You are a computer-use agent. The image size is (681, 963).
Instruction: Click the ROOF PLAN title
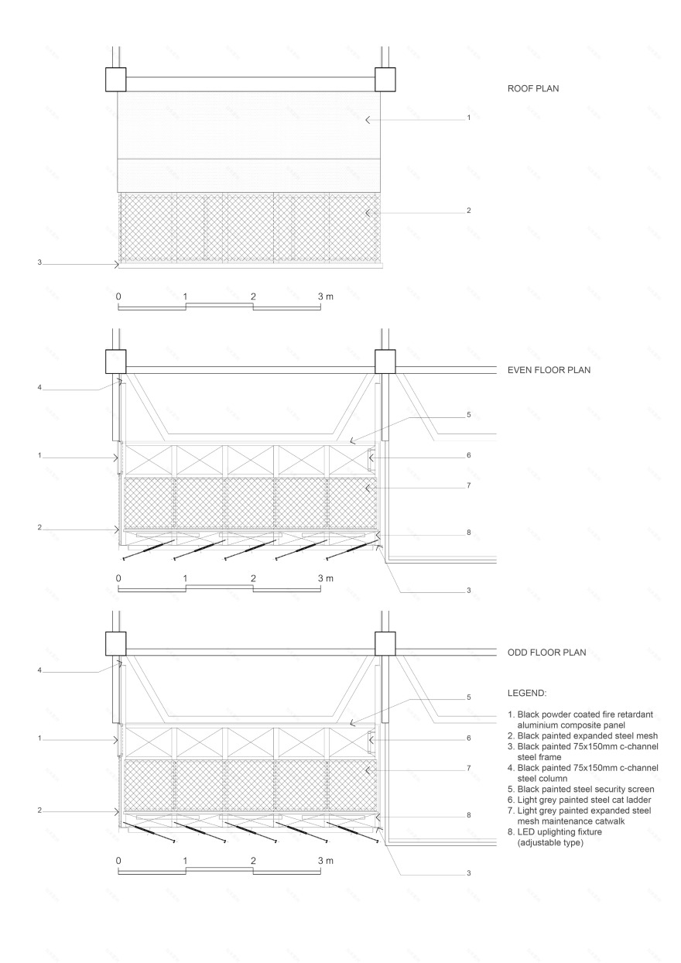click(532, 88)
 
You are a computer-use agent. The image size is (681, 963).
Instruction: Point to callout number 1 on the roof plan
click(468, 118)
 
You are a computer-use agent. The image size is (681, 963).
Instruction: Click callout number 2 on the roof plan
click(468, 210)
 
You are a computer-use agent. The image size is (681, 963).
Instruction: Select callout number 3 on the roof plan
click(38, 263)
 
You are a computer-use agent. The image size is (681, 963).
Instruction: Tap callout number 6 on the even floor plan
click(468, 455)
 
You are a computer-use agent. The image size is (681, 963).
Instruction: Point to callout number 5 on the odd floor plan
click(468, 697)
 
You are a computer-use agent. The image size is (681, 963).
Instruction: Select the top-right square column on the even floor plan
click(385, 361)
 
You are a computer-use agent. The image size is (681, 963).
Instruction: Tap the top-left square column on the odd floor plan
click(115, 643)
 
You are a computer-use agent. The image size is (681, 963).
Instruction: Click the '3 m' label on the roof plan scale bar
click(325, 296)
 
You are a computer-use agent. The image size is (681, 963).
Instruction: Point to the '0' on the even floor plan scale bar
click(118, 578)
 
